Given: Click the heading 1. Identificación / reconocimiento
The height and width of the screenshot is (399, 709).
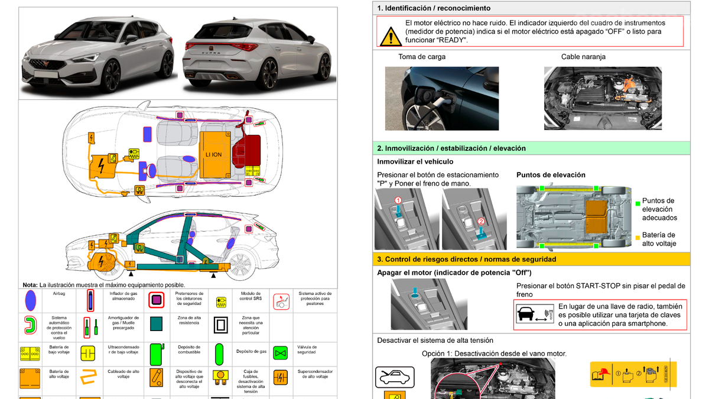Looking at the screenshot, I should click(x=434, y=8).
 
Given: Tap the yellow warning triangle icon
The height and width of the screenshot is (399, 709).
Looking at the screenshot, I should click(x=389, y=37).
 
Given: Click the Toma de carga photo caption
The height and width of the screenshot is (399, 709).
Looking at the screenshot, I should click(x=422, y=57).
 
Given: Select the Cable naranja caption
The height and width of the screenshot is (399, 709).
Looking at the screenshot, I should click(x=583, y=57).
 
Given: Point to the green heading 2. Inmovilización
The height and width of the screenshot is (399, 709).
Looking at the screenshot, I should click(x=451, y=148).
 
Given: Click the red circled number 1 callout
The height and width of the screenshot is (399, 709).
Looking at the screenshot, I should click(x=398, y=201).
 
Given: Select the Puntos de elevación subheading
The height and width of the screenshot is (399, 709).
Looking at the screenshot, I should click(x=551, y=175).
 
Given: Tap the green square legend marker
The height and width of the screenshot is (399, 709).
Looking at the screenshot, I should click(x=637, y=203).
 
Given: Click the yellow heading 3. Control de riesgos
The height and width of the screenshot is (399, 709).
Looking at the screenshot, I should click(x=467, y=259).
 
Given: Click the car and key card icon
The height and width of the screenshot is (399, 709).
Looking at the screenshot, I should click(x=534, y=315).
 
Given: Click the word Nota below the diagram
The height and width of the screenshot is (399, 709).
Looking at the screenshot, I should click(x=30, y=285).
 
